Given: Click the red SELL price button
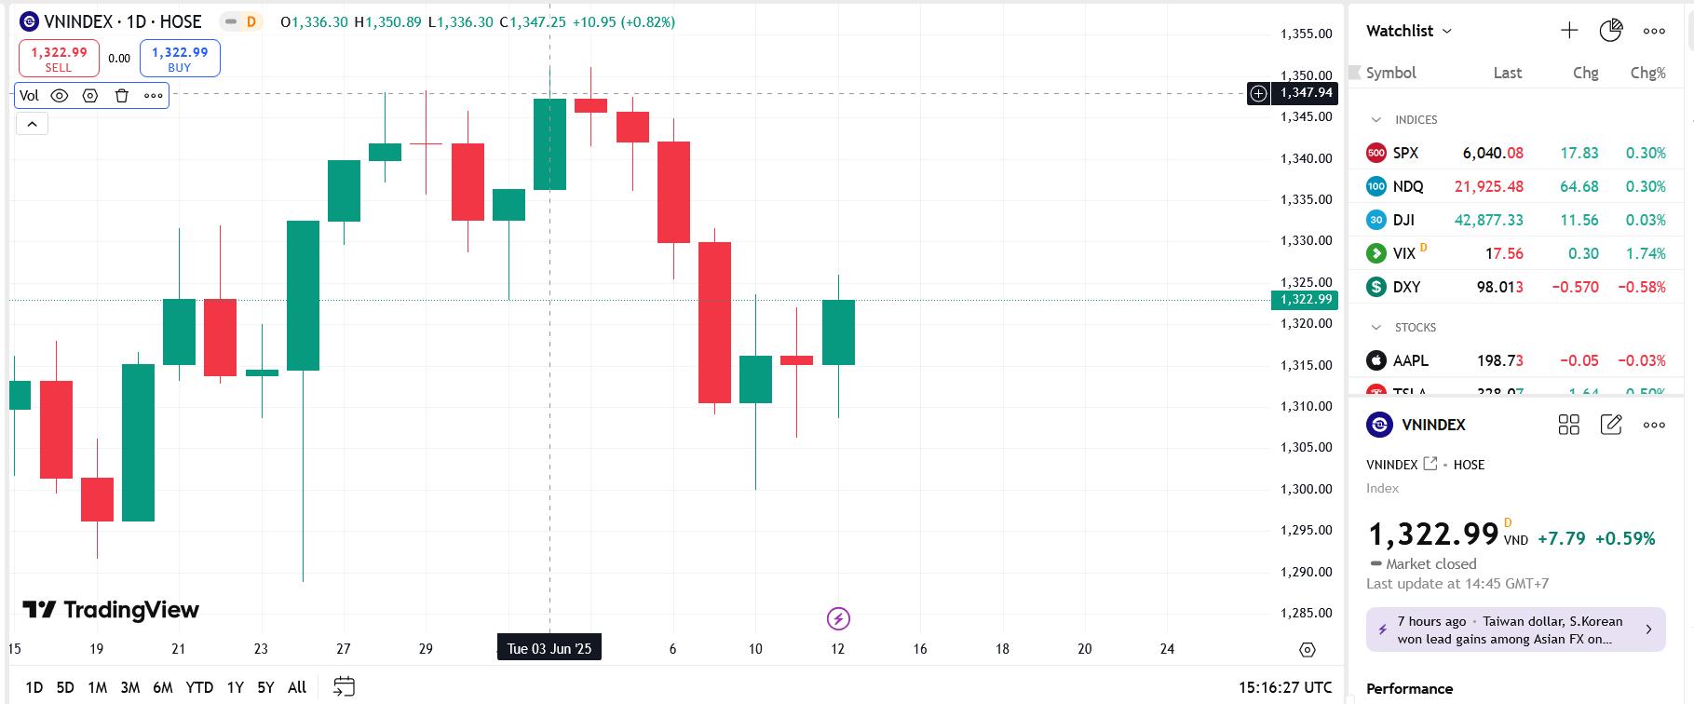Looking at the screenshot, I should (59, 58).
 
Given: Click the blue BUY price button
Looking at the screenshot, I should (180, 58).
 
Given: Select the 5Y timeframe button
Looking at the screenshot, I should (265, 687).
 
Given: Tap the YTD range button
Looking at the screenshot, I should (199, 687).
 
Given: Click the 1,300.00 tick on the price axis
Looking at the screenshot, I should (1306, 489).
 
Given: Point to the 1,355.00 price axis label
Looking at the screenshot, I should (1306, 34).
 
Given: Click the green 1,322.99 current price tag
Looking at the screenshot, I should (1304, 300).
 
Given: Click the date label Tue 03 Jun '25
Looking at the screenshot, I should (549, 648).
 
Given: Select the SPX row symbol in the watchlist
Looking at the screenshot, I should (1405, 153).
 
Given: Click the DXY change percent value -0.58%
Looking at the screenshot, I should (1641, 287).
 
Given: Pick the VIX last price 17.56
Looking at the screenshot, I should (1504, 253).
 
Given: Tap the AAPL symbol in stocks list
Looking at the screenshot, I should (1410, 360).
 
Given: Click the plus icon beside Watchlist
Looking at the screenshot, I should (1569, 31).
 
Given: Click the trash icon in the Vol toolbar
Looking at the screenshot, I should (121, 95).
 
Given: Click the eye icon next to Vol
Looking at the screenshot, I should (60, 95).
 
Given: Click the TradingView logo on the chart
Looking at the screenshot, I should (111, 610).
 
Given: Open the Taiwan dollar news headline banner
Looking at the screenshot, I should (1515, 630).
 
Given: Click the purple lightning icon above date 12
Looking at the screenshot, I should (838, 618).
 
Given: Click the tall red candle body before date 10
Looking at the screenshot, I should (714, 322).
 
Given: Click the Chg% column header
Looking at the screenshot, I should (1647, 73).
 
